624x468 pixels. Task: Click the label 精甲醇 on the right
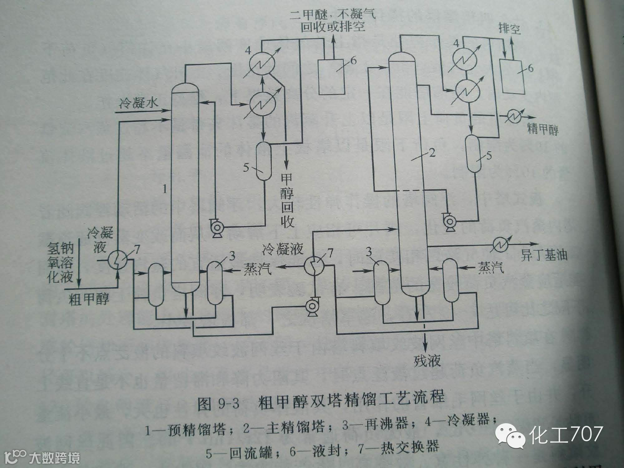coord(543,129)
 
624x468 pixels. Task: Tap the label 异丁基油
coord(544,256)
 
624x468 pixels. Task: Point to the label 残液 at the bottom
coord(427,361)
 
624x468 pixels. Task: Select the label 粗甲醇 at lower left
coord(89,299)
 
